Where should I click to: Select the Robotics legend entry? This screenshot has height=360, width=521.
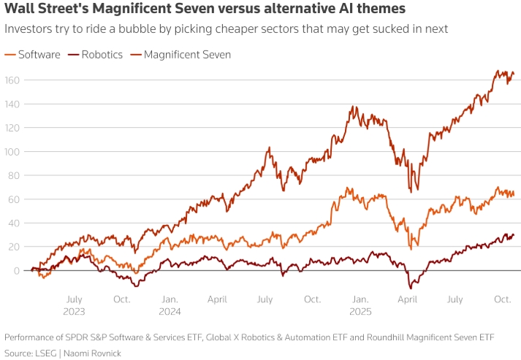point(101,55)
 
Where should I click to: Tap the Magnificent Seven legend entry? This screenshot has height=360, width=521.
point(187,55)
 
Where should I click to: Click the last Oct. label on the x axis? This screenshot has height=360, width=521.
point(502,299)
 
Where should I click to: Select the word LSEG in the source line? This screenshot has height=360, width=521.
point(48,352)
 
